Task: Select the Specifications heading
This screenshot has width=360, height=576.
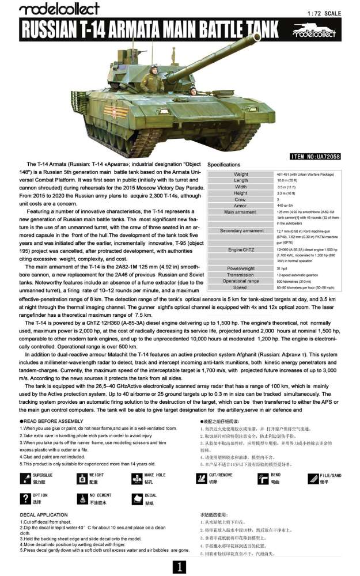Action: (x=227, y=165)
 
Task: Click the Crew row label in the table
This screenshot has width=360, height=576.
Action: (x=241, y=199)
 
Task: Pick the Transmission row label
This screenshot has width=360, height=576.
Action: (x=241, y=275)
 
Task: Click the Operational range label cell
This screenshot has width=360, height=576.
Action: (x=241, y=281)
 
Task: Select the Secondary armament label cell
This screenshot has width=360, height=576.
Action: (x=241, y=231)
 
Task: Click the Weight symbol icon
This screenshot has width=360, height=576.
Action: (x=81, y=478)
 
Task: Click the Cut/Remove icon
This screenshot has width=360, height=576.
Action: (x=202, y=478)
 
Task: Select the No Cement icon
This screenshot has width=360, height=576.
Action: (x=81, y=498)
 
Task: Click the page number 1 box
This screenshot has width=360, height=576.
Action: (x=180, y=567)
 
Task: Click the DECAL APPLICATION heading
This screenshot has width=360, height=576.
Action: (x=44, y=514)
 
